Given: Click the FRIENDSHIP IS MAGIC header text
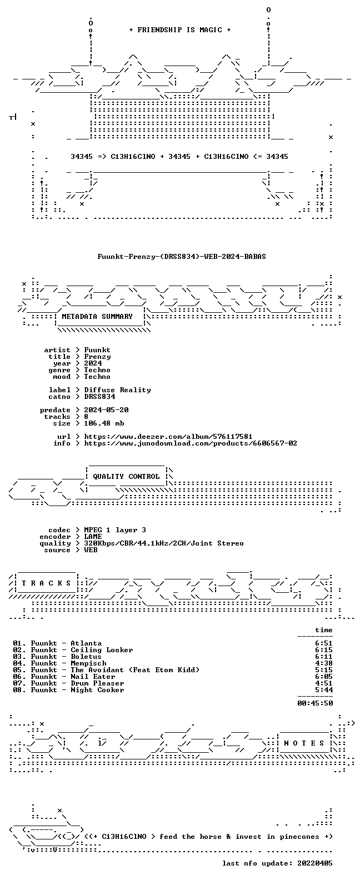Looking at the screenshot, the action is coord(180,30).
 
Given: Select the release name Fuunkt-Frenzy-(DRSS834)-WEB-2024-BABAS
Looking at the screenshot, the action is coord(182,257).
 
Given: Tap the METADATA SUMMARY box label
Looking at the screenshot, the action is coord(97,316).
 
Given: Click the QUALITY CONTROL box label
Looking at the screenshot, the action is coord(126,477).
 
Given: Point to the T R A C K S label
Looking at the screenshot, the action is coord(46,583).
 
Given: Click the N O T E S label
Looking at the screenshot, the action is coord(304,743).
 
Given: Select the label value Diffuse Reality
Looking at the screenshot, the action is coord(118,389).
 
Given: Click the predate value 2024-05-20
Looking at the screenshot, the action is coord(106,410).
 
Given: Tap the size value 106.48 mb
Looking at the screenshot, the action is coord(104,423).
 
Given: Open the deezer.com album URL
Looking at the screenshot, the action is coord(168,437).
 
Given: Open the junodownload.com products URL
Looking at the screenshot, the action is coord(191,443).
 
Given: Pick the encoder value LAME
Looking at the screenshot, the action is coord(93,537).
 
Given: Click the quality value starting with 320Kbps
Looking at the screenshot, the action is coord(164,543).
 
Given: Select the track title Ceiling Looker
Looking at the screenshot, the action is coord(102,650).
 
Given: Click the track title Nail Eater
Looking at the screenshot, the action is coord(93,677).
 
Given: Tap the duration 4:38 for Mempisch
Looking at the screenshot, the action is coord(324,663).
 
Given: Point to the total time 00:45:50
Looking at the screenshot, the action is coord(315,703).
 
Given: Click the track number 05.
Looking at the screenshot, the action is coord(17,670).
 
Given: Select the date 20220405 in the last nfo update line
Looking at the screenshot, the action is coord(315,863).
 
